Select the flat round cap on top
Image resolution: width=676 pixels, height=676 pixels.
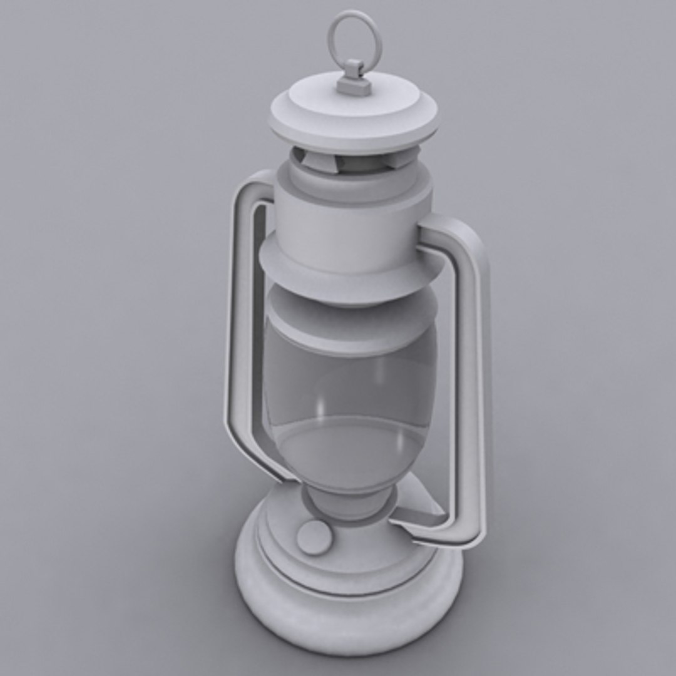coord(354,116)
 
